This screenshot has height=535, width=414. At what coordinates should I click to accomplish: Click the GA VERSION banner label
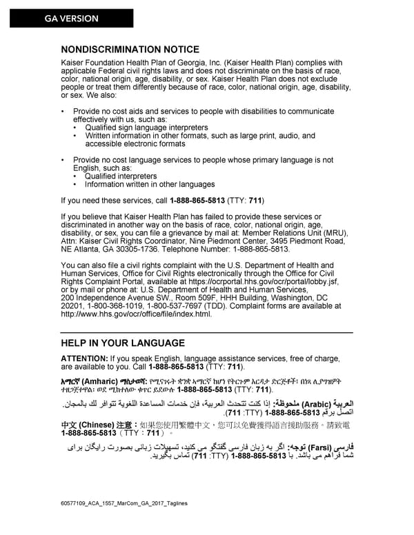tap(72, 19)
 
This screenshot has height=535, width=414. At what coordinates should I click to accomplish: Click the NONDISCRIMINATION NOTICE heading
tap(130, 50)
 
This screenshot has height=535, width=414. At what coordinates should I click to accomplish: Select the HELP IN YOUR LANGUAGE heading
tap(123, 343)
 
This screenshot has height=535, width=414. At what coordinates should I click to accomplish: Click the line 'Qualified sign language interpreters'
tap(146, 128)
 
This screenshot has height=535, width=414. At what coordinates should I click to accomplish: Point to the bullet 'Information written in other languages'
tap(150, 184)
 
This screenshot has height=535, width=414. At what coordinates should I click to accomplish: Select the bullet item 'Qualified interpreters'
tap(121, 176)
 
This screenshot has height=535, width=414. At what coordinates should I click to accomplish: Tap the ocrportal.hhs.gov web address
tap(265, 281)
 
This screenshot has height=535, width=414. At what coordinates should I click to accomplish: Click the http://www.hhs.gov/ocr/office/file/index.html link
tap(136, 314)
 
